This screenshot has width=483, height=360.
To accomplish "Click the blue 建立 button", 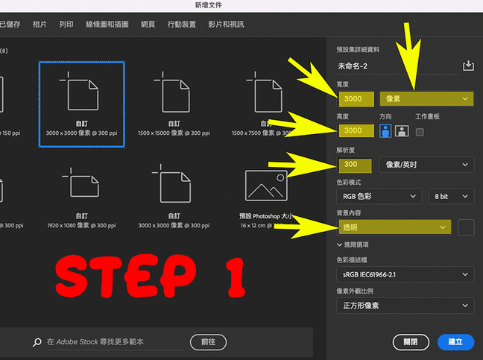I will [x=455, y=342].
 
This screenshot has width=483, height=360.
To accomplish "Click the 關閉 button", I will [x=411, y=342].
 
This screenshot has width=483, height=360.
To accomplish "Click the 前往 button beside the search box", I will [x=208, y=341].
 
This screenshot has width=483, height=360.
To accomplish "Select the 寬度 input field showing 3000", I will [x=356, y=98].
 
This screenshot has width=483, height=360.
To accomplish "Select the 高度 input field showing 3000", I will [x=356, y=131].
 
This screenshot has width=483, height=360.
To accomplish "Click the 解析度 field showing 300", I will [x=356, y=164].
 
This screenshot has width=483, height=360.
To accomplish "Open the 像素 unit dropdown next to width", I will [x=426, y=98].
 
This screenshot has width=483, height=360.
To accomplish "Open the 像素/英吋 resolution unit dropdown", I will [x=426, y=164].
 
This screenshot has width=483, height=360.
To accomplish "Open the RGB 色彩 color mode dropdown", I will [x=379, y=196].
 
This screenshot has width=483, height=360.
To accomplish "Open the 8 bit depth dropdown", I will [x=451, y=196].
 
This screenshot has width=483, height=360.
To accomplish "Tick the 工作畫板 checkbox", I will [x=420, y=132].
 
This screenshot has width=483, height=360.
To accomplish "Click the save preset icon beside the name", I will [x=468, y=66].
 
